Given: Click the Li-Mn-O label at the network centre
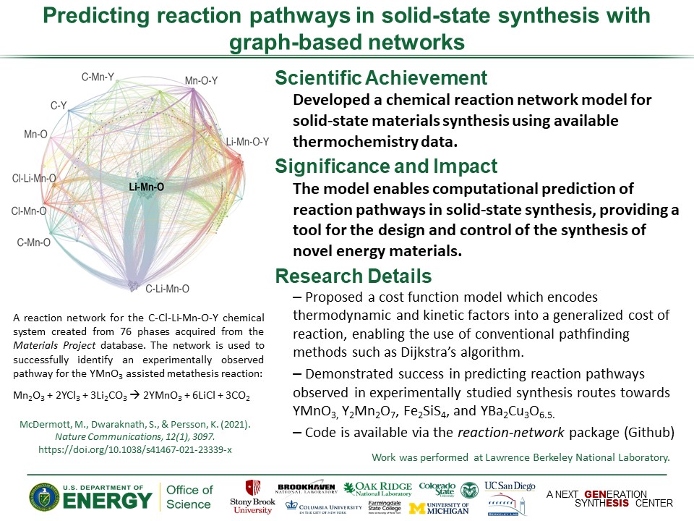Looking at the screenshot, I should [x=146, y=187].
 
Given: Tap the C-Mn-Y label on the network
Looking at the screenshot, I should [x=98, y=76].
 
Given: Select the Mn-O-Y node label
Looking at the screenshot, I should [x=202, y=80].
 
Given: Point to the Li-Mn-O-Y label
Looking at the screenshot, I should [x=247, y=142].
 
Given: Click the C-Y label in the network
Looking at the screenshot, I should [x=59, y=106].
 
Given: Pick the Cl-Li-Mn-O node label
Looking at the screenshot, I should [x=34, y=178].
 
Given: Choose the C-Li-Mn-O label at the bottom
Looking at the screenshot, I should [x=167, y=289].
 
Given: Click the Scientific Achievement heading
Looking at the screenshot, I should [x=381, y=78].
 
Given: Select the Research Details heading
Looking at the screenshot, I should [x=354, y=276].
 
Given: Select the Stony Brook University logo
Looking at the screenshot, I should [x=252, y=497].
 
